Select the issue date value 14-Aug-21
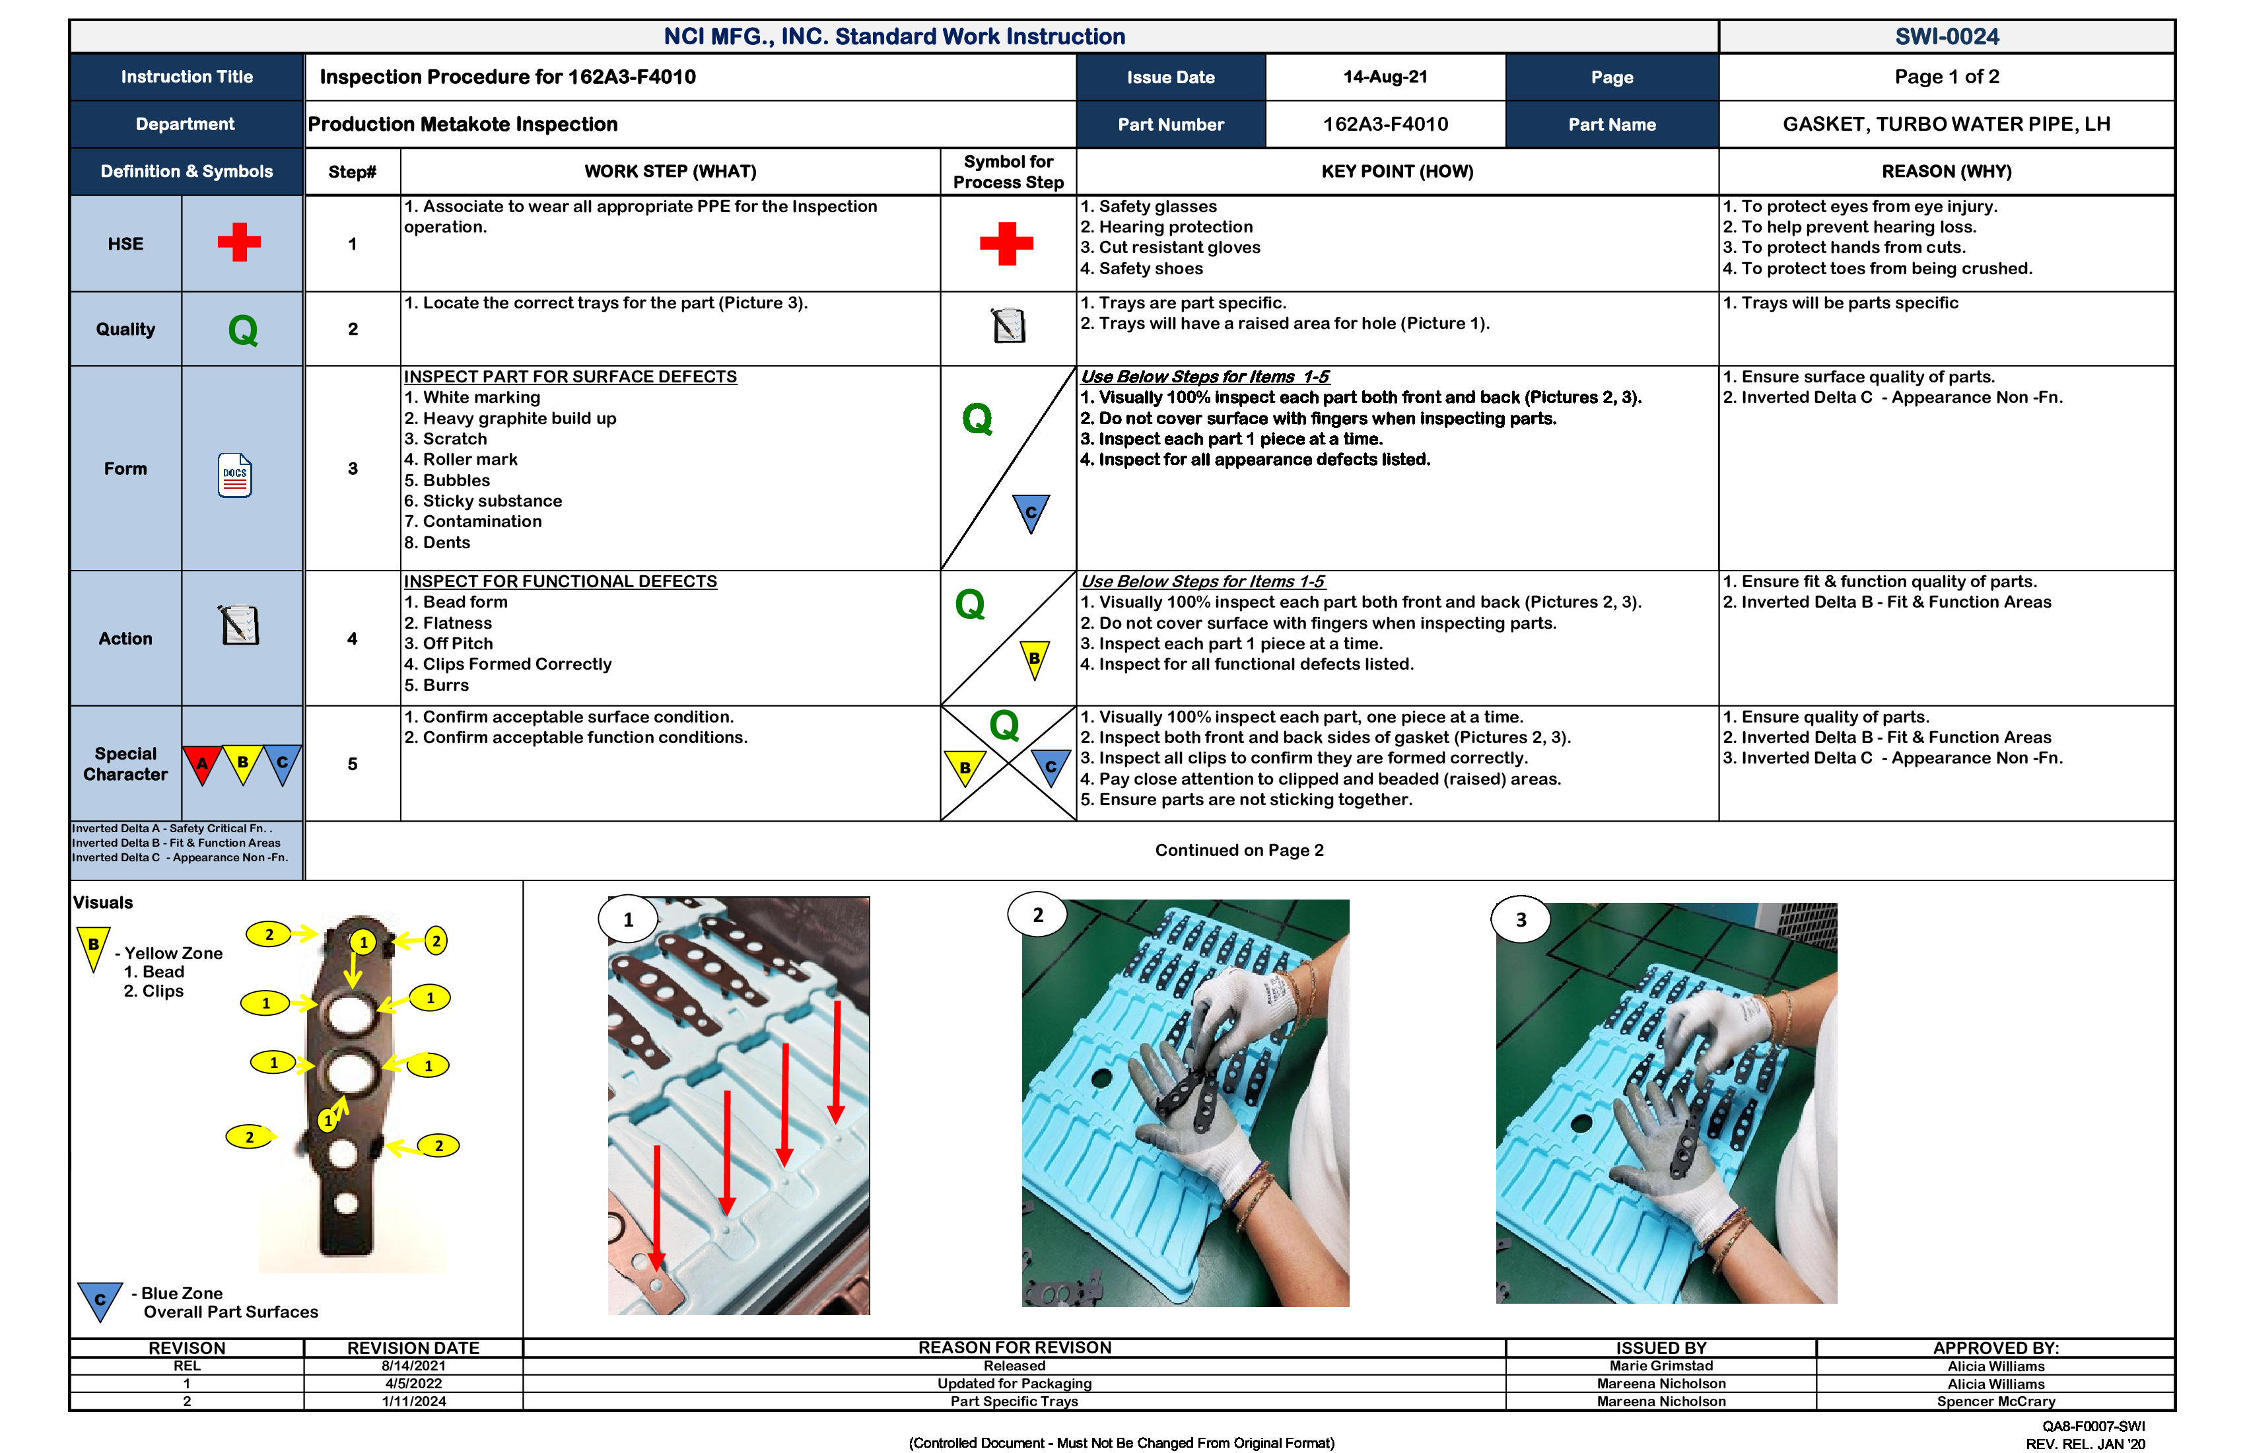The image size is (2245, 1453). click(1385, 77)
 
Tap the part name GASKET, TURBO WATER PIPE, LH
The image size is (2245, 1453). click(1946, 125)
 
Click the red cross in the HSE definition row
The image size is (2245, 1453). click(240, 242)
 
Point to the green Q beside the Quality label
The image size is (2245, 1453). click(242, 330)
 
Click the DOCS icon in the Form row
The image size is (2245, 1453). click(235, 475)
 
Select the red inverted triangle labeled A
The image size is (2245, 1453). click(202, 763)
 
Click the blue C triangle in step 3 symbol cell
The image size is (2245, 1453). click(1030, 513)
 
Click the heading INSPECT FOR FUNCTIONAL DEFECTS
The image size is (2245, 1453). click(561, 581)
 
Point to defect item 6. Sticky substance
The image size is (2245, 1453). click(483, 501)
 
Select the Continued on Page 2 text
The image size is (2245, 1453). click(1239, 850)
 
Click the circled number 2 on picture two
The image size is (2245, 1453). click(1037, 915)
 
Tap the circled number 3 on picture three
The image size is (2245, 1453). click(1521, 920)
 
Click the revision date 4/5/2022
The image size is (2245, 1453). click(413, 1383)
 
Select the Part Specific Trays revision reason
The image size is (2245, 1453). click(1014, 1401)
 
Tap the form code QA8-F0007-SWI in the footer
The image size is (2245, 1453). click(2093, 1426)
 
